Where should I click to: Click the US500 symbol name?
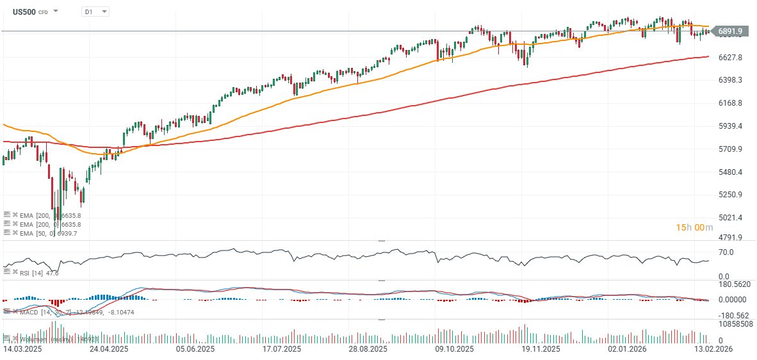click(26, 12)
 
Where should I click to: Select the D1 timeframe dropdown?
click(95, 12)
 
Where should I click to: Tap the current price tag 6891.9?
click(729, 31)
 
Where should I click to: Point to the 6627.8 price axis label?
click(729, 58)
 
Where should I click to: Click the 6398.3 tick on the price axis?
click(729, 80)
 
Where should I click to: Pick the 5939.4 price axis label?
click(729, 126)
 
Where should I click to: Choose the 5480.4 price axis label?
click(729, 172)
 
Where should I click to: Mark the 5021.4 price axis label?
click(729, 218)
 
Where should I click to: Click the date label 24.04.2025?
click(109, 350)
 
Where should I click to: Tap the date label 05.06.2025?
click(195, 350)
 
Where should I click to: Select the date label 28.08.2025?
click(368, 350)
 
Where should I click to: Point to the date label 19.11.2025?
click(541, 350)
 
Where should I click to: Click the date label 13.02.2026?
click(713, 350)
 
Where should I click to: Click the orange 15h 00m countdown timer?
click(690, 227)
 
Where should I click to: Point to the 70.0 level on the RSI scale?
click(725, 252)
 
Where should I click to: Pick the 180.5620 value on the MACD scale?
click(733, 284)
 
